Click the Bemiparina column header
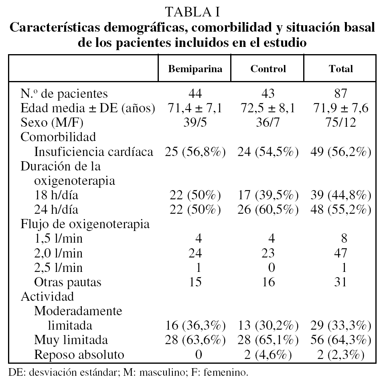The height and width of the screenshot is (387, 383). coord(195,69)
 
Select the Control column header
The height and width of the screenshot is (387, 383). coord(268,69)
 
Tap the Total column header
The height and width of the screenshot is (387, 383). coord(340,69)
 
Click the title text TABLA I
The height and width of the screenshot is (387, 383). coord(192,12)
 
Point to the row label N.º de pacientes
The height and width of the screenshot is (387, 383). coord(65,93)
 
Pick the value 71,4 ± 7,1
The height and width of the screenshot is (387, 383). coord(195,108)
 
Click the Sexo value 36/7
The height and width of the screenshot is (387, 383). coord(268,122)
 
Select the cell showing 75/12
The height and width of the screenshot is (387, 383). coord(340,122)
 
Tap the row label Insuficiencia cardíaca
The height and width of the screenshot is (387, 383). coord(94,152)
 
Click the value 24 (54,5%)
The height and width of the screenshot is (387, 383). coord(268,152)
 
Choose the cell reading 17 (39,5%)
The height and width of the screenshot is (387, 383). coord(268,195)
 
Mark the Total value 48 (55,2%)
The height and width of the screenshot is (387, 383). coord(340,209)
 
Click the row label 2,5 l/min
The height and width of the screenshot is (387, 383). coord(59,267)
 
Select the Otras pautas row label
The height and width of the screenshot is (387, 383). coord(68,282)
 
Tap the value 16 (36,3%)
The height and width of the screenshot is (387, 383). coord(195,325)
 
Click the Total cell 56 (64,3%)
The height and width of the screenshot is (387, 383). coord(340,340)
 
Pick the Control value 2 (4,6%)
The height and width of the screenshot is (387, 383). coord(268,355)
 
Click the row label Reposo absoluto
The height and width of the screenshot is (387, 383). coord(79,355)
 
